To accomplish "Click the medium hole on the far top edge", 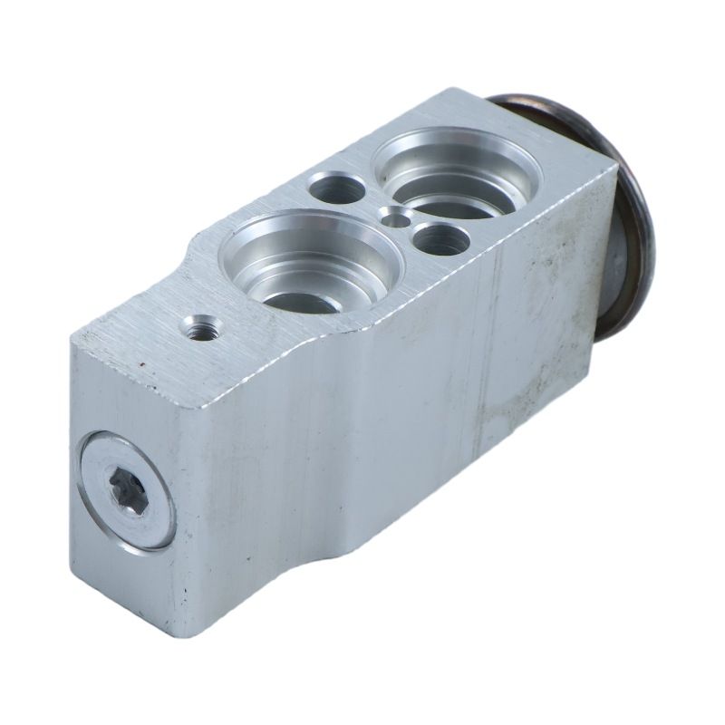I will point(338,188).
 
